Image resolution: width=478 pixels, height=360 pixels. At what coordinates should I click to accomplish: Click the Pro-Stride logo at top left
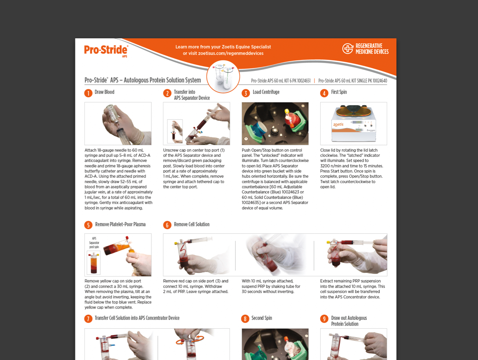(x=106, y=51)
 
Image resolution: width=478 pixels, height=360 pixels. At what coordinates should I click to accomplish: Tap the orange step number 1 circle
(x=88, y=93)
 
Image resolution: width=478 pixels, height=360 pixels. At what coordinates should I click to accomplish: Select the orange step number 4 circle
(x=324, y=93)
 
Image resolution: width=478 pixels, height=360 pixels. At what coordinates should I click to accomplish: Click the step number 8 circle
(x=245, y=319)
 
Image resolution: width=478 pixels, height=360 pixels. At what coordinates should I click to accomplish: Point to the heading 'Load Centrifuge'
(x=266, y=92)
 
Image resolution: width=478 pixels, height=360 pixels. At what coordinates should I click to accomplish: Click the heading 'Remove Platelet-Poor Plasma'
(x=120, y=224)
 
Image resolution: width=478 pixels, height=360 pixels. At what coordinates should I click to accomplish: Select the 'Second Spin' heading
(x=261, y=318)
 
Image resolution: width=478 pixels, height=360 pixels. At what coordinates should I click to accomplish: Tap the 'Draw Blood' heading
(x=104, y=92)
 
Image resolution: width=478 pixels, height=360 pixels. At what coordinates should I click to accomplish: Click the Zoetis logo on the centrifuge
(x=338, y=124)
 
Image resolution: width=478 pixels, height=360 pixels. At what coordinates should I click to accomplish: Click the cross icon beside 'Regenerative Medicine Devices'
(x=348, y=48)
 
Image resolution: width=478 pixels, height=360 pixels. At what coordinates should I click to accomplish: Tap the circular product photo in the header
(x=223, y=77)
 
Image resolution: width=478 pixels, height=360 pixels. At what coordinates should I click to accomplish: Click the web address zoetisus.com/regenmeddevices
(x=230, y=53)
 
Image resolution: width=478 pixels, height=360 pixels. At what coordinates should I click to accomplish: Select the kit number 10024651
(x=304, y=81)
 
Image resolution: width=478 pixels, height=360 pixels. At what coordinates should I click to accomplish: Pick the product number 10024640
(x=380, y=81)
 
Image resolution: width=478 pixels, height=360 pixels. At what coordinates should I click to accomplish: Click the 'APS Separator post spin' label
(x=94, y=243)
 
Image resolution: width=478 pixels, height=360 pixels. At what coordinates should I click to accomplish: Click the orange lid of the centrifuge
(x=353, y=111)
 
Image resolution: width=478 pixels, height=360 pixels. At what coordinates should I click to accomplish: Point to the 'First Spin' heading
(x=339, y=92)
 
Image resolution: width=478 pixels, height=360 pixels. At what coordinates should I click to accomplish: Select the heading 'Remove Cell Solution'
(x=192, y=224)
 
